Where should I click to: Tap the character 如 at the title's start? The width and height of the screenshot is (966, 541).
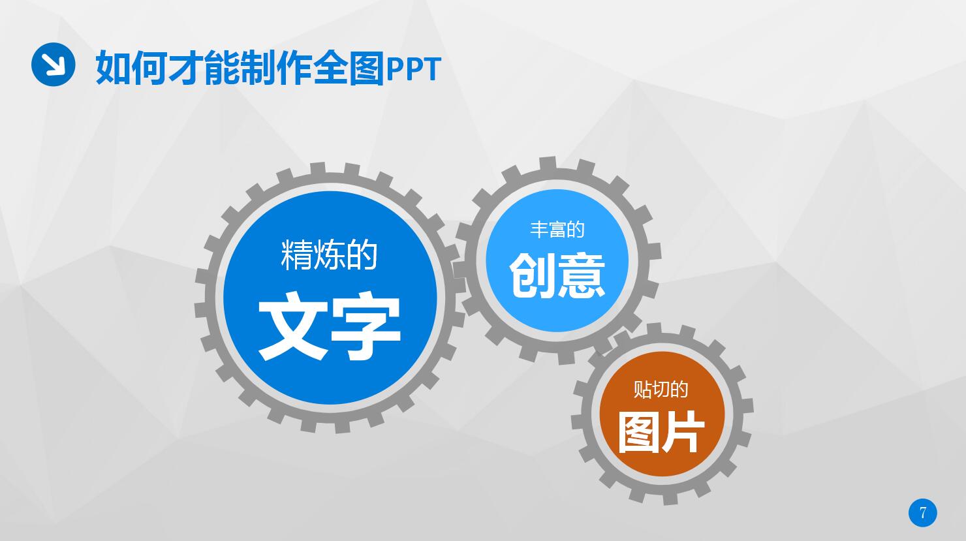click(x=113, y=68)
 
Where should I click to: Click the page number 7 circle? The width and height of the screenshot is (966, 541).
click(x=922, y=512)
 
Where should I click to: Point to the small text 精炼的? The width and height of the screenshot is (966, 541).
click(x=329, y=255)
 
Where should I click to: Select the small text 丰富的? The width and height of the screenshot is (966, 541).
click(x=557, y=229)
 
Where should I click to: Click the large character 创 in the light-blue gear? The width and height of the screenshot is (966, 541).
click(x=533, y=275)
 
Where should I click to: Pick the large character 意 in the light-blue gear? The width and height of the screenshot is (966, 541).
click(x=582, y=275)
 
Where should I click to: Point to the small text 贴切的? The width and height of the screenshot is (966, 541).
click(x=661, y=389)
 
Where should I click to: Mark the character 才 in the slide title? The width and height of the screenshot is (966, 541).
click(x=185, y=68)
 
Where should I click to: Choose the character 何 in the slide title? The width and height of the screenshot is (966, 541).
click(x=149, y=68)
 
